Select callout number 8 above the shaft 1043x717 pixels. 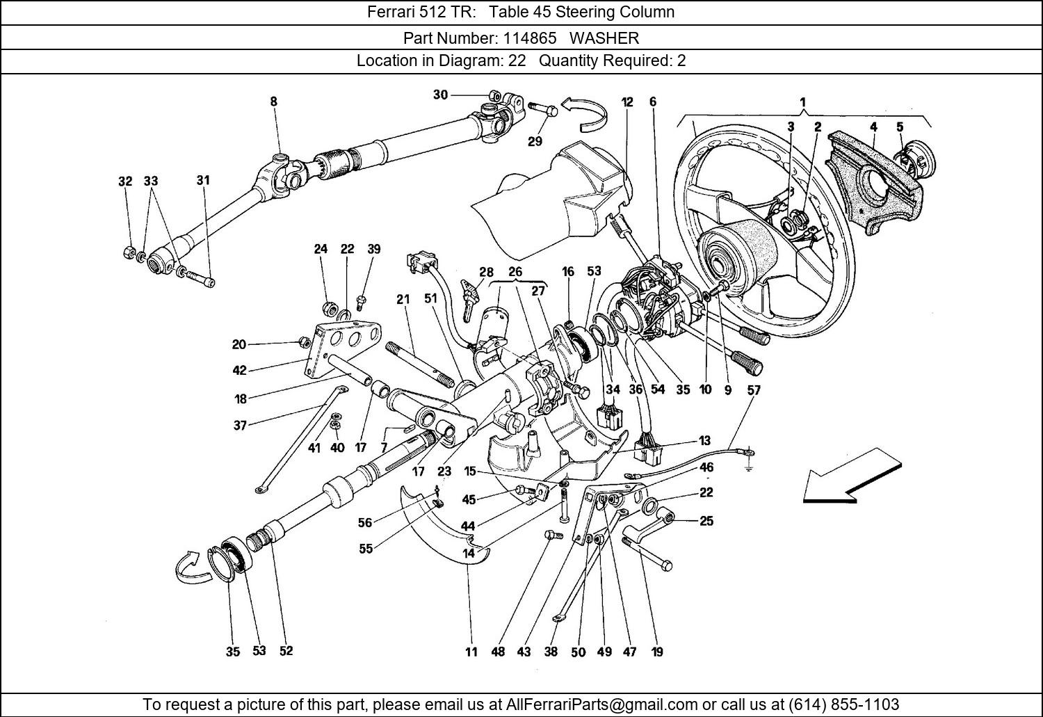(x=274, y=102)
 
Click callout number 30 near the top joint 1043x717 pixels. (x=440, y=95)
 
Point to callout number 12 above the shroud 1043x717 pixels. (x=627, y=102)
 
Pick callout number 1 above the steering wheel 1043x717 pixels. (x=802, y=102)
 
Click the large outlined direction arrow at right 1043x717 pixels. (x=852, y=475)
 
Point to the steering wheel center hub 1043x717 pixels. (x=737, y=247)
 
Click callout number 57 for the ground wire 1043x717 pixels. (x=754, y=390)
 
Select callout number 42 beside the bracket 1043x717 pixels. (x=239, y=371)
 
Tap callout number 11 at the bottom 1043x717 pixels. (x=471, y=652)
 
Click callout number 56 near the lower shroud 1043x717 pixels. (x=365, y=523)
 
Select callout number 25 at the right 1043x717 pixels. (x=706, y=521)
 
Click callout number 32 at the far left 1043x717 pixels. (x=125, y=182)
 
